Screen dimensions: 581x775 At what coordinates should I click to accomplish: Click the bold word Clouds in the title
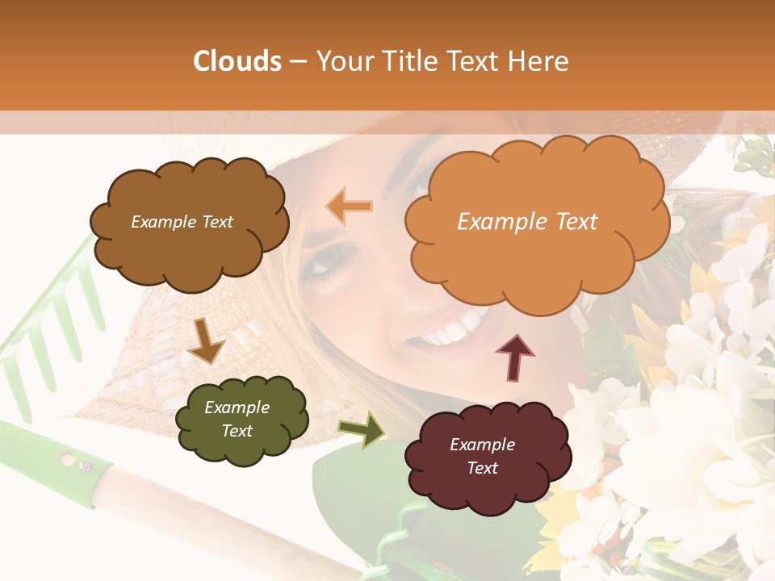237,61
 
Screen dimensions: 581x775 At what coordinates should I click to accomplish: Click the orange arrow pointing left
350,207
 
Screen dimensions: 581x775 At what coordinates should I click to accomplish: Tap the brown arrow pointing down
207,341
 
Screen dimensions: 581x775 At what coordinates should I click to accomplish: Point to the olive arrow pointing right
362,429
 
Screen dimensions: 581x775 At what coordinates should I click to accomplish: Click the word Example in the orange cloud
496,222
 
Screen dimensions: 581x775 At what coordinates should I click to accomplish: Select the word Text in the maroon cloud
482,468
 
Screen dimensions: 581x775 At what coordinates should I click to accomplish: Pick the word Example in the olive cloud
237,408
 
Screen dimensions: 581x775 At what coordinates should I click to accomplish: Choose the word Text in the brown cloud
216,222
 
